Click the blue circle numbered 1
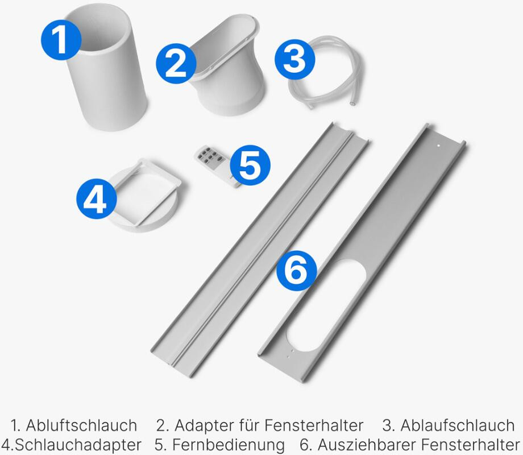point(61,40)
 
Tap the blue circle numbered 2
point(176,64)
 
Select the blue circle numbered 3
point(295,59)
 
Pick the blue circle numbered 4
point(97,199)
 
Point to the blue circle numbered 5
point(250,165)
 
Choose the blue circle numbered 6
point(297,270)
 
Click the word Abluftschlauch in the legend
point(81,425)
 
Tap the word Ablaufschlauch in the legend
point(457,425)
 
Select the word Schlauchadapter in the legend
point(78,445)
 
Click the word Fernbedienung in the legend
point(229,445)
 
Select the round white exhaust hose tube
point(107,70)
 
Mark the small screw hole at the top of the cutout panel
point(439,146)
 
